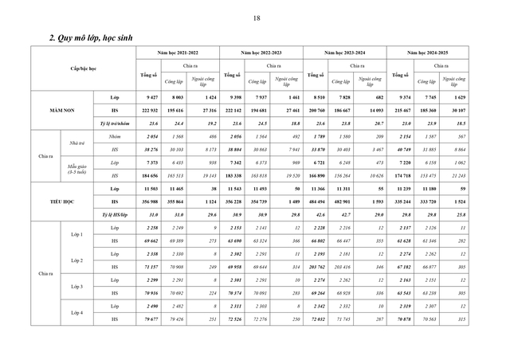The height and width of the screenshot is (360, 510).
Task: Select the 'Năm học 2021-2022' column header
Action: (x=177, y=52)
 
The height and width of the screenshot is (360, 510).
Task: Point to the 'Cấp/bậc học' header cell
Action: (x=84, y=69)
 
